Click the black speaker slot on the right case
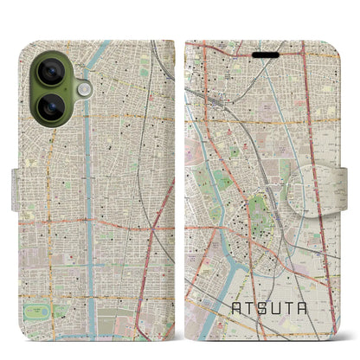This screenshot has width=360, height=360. point(266,55)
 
